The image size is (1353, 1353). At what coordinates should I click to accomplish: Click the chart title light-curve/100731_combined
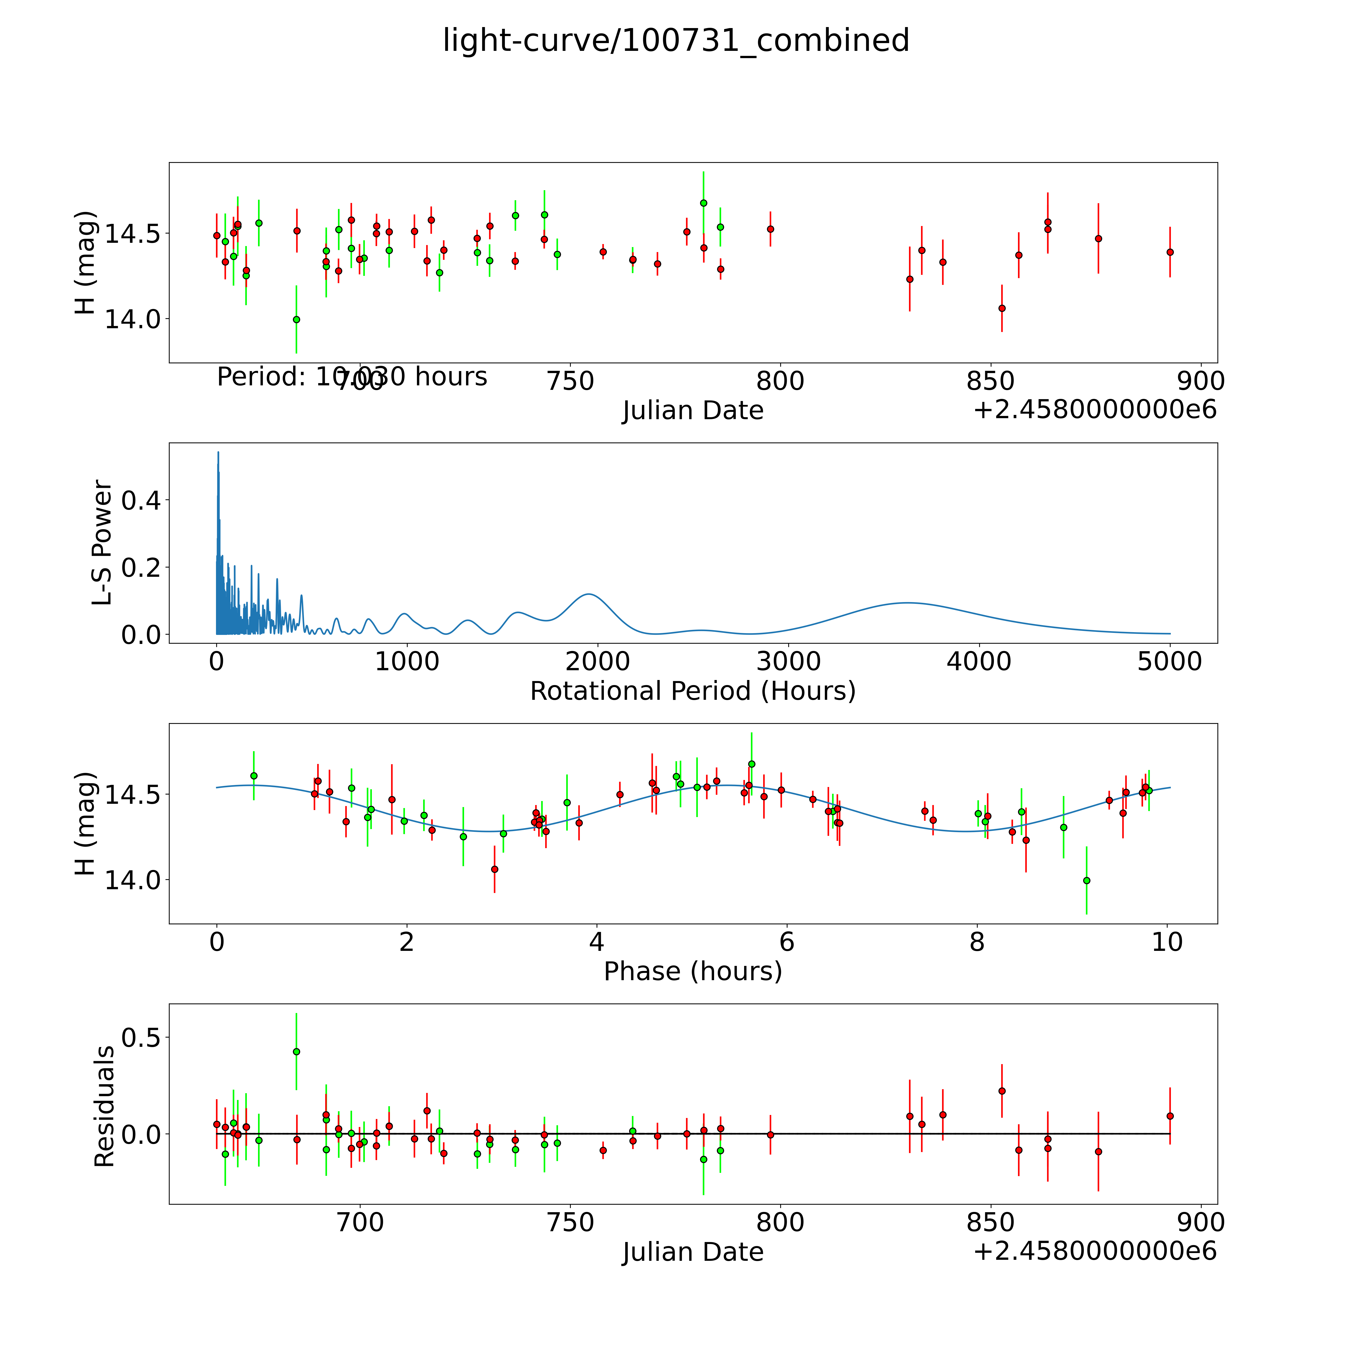pos(676,41)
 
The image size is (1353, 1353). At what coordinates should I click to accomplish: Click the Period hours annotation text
pos(352,377)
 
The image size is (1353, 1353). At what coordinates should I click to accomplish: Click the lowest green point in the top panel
pos(296,319)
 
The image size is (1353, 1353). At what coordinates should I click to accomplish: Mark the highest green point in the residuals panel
pos(296,1051)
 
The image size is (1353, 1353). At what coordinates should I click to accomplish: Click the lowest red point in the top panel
pos(1001,308)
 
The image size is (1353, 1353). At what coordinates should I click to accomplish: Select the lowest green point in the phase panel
pos(1086,880)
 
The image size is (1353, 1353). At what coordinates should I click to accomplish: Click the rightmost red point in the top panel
pos(1170,252)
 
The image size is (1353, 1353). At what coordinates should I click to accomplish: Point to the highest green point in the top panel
pos(703,203)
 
